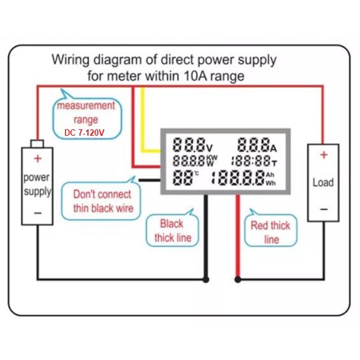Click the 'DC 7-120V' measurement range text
84,133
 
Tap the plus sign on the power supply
38,159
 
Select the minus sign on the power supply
38,213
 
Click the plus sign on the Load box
324,155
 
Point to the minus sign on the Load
324,209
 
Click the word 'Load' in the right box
323,182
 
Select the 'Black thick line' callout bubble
172,229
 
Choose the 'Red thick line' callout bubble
271,230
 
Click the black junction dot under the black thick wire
206,280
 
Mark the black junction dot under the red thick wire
238,280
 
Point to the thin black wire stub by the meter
150,180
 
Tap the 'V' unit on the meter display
210,148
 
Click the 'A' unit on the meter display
273,148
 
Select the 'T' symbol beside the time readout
275,163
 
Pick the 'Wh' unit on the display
271,184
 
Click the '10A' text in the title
196,76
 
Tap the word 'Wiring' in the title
71,60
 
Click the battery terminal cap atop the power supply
38,144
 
